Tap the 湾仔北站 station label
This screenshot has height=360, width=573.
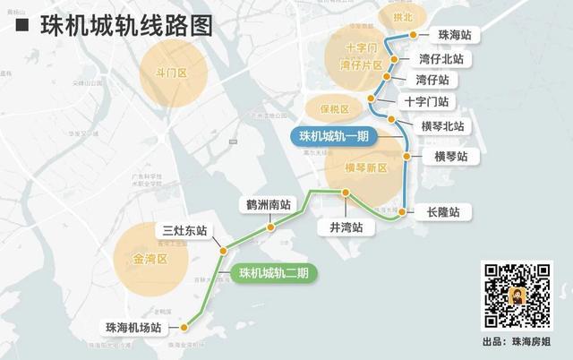coord(441,58)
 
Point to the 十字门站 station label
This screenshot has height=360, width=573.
coord(426,102)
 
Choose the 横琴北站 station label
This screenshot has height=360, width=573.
coord(442,125)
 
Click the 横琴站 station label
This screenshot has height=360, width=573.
coord(451,157)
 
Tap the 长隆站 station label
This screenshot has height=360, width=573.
coord(442,212)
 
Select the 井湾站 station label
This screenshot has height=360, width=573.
coord(345,227)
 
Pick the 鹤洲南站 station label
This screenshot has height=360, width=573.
coord(269,204)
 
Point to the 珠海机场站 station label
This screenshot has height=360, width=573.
coord(135,328)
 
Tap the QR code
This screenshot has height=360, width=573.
coord(517,296)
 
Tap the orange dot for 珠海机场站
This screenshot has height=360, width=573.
coord(184,328)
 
